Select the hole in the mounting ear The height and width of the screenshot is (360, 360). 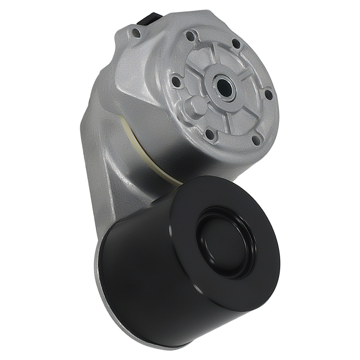(136, 33)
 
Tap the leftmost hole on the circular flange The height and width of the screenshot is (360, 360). (175, 80)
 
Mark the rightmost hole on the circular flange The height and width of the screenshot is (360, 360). (268, 95)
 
